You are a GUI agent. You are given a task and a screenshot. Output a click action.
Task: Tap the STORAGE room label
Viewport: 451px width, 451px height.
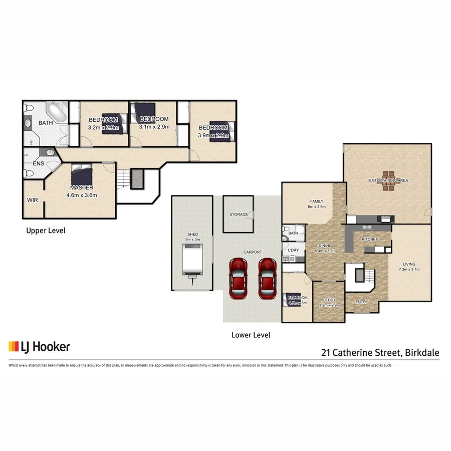239,214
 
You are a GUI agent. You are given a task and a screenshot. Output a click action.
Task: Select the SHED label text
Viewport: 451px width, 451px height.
193,234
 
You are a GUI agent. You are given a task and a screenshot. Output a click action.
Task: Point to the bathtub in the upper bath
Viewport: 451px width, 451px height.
55,113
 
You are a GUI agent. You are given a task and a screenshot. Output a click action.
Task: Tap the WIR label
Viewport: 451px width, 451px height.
33,200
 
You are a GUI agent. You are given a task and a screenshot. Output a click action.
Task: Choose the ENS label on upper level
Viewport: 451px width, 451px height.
38,164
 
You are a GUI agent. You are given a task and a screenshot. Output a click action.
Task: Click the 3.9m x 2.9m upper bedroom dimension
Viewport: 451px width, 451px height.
213,135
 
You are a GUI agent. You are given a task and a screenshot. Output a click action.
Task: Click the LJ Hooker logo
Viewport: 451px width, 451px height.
39,347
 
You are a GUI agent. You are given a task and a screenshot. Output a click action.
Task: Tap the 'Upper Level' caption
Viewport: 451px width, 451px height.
46,231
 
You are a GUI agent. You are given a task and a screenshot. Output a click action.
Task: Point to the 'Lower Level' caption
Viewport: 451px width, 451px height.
251,335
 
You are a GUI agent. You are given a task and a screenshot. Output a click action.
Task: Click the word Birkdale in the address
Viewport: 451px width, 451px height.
422,352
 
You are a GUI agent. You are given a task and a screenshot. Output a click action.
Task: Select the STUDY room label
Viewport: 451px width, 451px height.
329,300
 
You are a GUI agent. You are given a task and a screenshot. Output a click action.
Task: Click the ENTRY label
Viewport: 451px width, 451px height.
362,302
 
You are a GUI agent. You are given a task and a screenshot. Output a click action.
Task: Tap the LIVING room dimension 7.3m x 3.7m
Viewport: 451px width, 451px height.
409,269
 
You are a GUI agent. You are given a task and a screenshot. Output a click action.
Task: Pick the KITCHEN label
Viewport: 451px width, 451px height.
370,240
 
